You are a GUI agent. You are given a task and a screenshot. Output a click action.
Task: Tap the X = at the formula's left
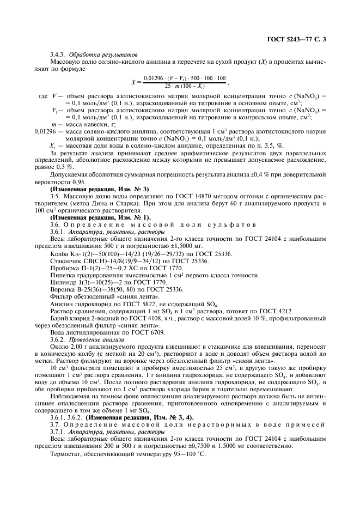tap(137, 82)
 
